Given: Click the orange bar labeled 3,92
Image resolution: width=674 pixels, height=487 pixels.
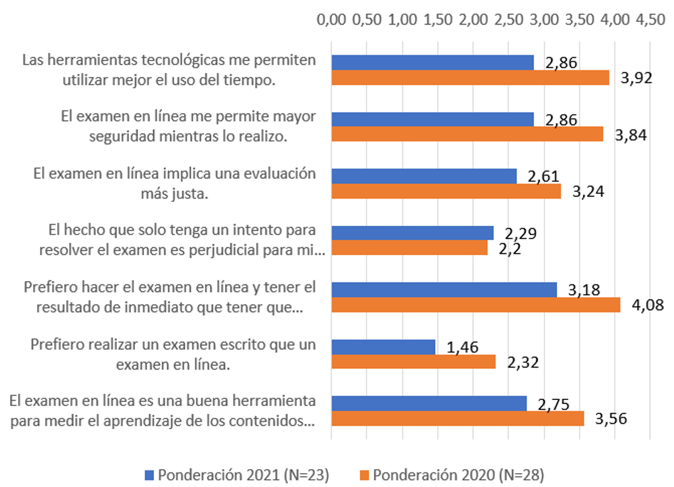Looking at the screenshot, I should [470, 78].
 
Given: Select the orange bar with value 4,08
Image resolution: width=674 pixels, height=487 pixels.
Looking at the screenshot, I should [475, 305].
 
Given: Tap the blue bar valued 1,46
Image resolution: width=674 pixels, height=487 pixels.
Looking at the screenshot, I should [383, 347].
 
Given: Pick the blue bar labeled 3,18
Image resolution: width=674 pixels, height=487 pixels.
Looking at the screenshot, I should [444, 290].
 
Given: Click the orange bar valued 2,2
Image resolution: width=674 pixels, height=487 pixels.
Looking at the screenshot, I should [409, 248].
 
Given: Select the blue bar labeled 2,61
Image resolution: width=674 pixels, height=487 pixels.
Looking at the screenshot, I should [424, 176].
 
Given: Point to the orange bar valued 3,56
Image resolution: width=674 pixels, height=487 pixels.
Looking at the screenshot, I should [458, 419].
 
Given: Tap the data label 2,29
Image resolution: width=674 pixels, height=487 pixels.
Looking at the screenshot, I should [521, 233].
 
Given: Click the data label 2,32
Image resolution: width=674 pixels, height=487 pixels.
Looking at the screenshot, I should [521, 363].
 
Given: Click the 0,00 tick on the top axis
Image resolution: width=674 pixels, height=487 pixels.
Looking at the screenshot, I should [331, 19].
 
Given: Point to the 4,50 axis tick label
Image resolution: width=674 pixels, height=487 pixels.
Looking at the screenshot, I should [649, 19].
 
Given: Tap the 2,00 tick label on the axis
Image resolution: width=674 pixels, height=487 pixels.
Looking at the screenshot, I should [473, 19].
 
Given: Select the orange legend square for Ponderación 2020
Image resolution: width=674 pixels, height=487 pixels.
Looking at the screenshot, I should [364, 475].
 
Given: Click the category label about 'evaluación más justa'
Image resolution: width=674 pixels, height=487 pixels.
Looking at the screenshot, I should [174, 183].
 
